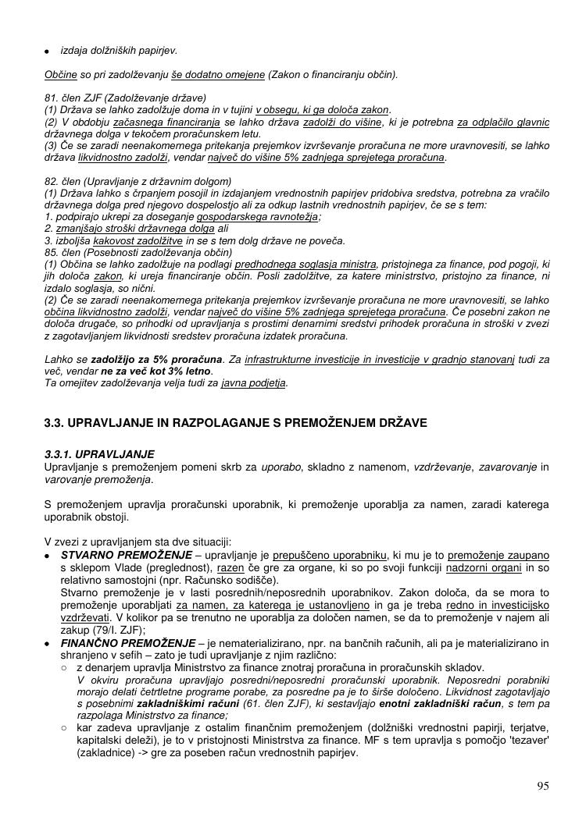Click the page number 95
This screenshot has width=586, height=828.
(x=542, y=786)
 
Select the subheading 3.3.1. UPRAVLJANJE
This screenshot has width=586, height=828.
(x=99, y=454)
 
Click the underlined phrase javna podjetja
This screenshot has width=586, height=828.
(x=255, y=383)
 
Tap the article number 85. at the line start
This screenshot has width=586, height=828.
(x=52, y=252)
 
